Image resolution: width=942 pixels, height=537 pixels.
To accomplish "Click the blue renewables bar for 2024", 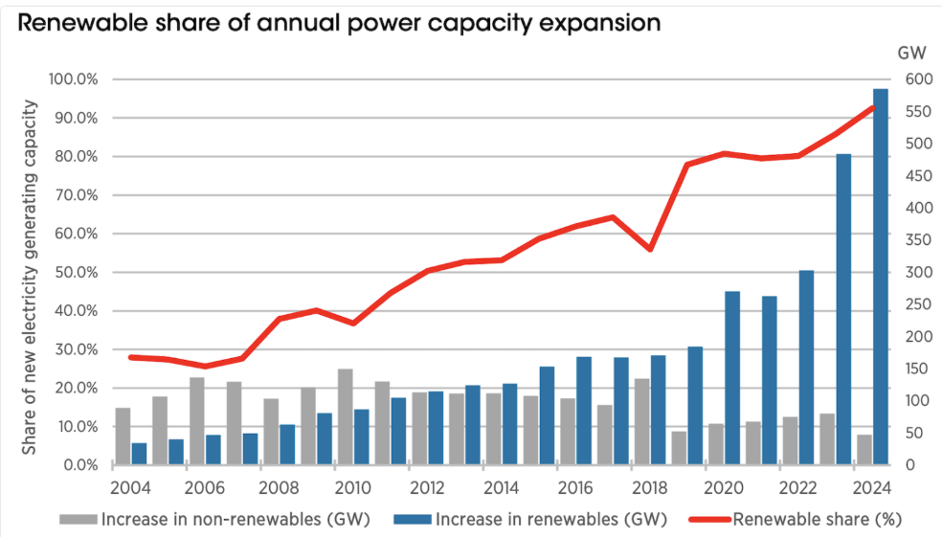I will coord(880,277).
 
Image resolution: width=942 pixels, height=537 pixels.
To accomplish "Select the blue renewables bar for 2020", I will coord(732,378).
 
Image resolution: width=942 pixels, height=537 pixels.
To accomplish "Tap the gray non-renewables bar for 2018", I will coord(641,421).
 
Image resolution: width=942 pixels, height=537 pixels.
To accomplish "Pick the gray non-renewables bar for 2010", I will coord(345,416).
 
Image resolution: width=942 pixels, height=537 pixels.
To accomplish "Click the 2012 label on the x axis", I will coord(427,487).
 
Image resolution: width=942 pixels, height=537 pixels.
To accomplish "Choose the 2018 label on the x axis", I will coord(649,487).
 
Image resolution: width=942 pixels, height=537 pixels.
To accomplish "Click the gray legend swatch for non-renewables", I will coord(78,520).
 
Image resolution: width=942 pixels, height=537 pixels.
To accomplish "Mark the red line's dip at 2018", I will coord(651,249).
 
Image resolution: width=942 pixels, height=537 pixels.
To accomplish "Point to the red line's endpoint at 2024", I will coord(874,106).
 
